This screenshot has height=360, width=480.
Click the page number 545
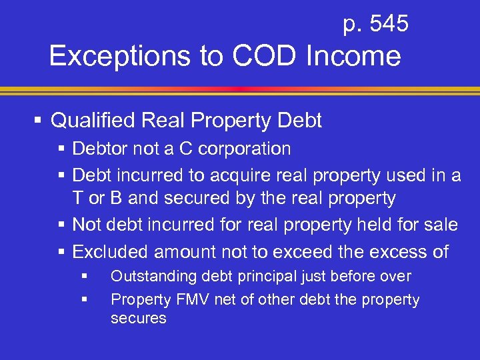click(x=389, y=25)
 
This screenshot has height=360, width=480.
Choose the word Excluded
click(x=110, y=252)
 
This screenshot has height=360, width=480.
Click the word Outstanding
click(x=149, y=277)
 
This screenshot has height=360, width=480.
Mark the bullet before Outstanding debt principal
click(x=83, y=275)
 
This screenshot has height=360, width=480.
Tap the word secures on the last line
click(x=138, y=319)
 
